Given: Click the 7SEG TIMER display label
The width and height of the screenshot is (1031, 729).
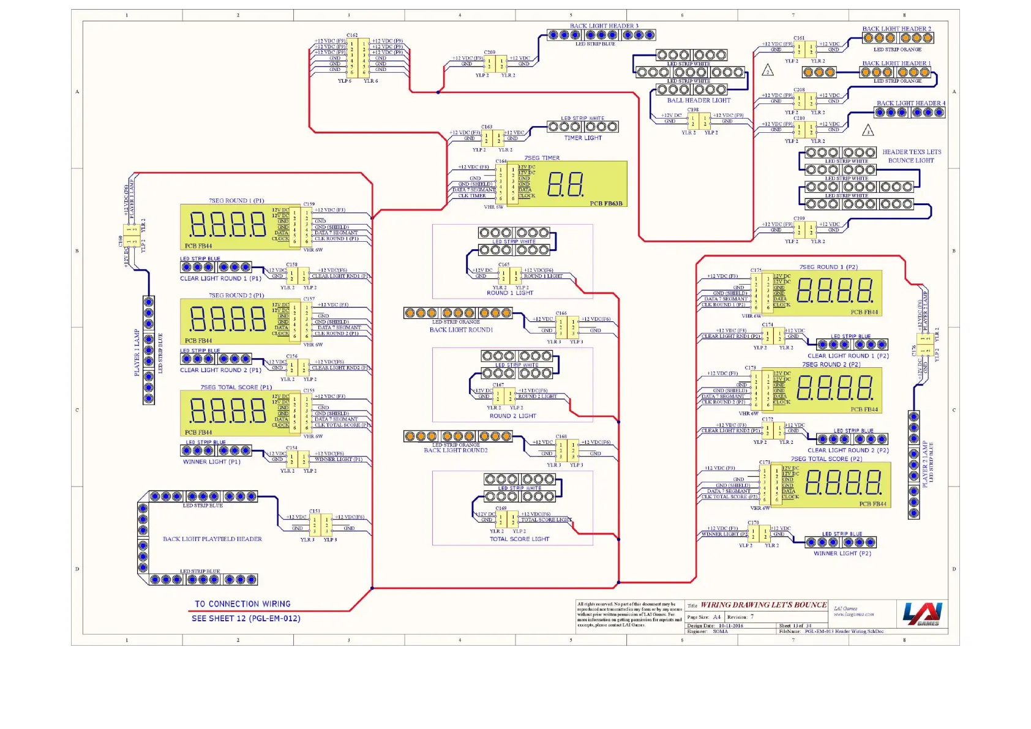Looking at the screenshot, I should coord(542,158).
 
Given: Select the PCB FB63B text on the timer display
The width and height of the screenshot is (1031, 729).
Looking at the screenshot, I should coord(606,203).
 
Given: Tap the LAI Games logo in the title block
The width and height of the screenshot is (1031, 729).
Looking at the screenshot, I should coord(923,614).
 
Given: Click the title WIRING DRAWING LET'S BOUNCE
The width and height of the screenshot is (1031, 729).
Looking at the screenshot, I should coord(763,605).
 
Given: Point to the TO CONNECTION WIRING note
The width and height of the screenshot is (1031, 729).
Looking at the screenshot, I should coord(242,604).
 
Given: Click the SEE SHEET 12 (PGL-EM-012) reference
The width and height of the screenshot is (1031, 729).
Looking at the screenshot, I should coord(246,619).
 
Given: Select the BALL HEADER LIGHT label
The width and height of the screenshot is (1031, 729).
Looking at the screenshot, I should coord(699,100).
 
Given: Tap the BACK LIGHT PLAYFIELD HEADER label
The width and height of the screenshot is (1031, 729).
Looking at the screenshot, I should coord(212,539).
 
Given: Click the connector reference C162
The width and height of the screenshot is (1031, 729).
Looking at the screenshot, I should coord(352,36).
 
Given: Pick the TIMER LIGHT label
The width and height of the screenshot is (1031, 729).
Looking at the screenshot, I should coord(583,138).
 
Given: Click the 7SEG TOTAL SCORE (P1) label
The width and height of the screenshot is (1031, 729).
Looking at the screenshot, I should coord(236,387).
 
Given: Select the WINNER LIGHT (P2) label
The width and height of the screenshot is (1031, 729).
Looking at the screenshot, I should coord(842,554).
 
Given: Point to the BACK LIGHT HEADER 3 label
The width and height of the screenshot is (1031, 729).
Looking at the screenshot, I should coord(604,26).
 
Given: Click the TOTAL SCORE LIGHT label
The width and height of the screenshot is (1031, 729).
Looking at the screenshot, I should coord(519,539).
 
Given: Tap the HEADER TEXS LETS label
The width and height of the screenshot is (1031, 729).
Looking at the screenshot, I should coord(911,152).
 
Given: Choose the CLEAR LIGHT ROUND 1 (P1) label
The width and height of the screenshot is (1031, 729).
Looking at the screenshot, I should coord(220,279).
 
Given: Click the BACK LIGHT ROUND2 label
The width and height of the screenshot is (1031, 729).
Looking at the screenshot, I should coord(456,450).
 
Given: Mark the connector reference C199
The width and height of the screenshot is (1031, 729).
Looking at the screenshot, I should coord(800,219).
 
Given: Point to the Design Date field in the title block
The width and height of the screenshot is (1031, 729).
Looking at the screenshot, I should coord(715,626).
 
